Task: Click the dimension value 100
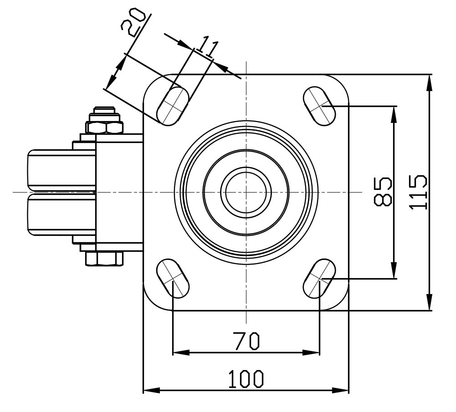(246, 379)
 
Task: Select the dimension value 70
(246, 341)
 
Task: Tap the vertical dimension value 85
(383, 192)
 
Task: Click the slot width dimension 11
(207, 46)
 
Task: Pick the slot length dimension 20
(133, 22)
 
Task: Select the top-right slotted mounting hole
(319, 106)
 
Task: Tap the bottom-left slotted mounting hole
(173, 278)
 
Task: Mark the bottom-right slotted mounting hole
(319, 278)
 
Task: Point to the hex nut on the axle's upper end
(104, 127)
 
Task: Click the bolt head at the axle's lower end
(104, 259)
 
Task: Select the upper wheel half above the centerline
(61, 171)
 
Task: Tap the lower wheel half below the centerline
(61, 214)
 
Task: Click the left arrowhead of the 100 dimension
(152, 390)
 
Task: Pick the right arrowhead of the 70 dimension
(311, 353)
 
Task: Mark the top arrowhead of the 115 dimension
(429, 83)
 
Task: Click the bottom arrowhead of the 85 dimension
(394, 270)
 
